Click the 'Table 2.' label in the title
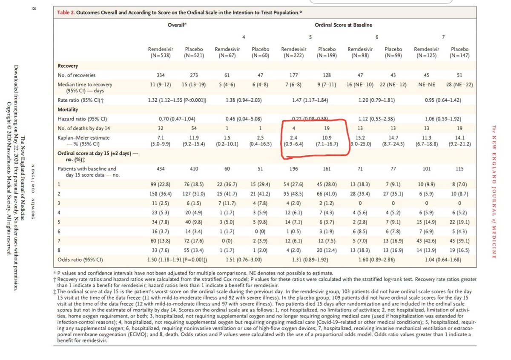66,12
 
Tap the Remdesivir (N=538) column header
158,52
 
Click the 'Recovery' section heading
68,66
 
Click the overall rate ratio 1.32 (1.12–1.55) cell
177,100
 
